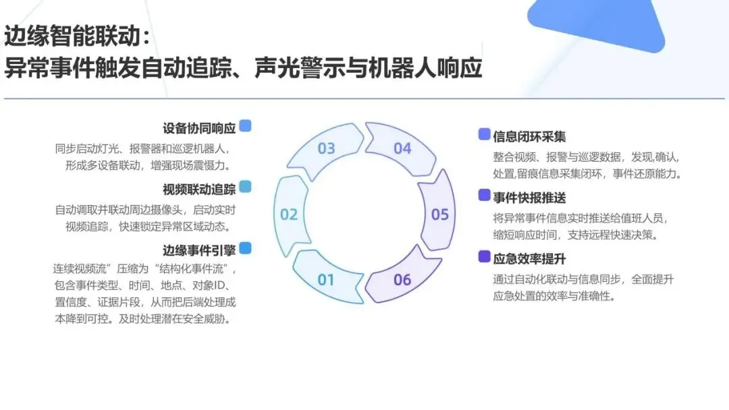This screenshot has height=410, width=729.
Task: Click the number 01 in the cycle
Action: (326, 279)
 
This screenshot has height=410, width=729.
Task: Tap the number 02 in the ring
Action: (289, 214)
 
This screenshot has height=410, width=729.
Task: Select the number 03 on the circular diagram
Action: (326, 148)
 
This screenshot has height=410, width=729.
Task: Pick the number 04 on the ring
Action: (402, 148)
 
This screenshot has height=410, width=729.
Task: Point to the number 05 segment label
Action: (440, 214)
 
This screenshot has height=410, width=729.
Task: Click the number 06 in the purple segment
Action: (402, 279)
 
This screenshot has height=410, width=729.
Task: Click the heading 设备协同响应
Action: (199, 127)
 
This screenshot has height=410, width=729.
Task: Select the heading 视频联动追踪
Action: (199, 189)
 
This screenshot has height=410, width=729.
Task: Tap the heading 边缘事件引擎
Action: (199, 250)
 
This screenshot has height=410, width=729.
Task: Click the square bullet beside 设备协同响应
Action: (245, 125)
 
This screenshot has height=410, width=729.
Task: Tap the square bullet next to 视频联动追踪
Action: (245, 187)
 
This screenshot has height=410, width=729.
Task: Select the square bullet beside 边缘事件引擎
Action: (245, 248)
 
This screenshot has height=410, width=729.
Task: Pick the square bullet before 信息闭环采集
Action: (484, 134)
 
